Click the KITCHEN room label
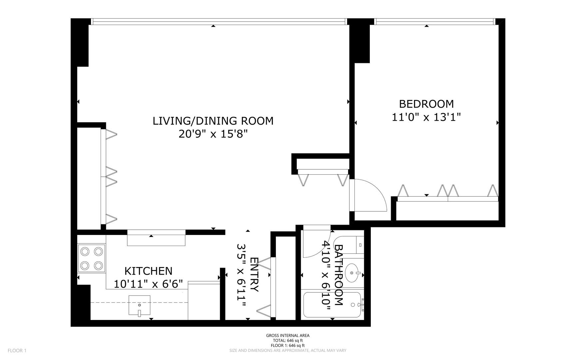148,271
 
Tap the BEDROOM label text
426,104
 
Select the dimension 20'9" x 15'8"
213,134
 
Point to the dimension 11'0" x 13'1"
426,117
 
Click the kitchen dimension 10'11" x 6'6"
148,284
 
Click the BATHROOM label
338,275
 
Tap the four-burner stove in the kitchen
92,258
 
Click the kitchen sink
139,305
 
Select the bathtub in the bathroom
331,305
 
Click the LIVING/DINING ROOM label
213,121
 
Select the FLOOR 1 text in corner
17,350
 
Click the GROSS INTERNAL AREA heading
288,336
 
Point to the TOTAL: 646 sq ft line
288,341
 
